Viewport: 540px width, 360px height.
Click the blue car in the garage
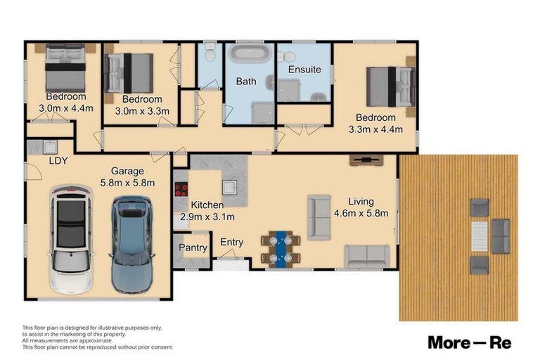[x=132, y=245]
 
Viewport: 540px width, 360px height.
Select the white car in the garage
[x=72, y=240]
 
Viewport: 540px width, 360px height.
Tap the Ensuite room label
[x=304, y=70]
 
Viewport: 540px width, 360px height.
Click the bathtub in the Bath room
[x=250, y=53]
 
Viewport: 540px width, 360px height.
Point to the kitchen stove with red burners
[x=181, y=189]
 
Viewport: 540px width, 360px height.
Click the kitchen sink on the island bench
[x=229, y=188]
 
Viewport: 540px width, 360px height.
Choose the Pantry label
[x=193, y=247]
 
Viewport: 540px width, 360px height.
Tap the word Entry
[x=231, y=243]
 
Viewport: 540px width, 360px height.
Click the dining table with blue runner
[x=281, y=250]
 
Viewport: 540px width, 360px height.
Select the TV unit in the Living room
[x=366, y=160]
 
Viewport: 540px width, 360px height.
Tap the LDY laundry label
[x=58, y=161]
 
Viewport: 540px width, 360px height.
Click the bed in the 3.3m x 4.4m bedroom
[x=391, y=86]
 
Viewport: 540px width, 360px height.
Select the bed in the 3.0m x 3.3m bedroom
[x=129, y=73]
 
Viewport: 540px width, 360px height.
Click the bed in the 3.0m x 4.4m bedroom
[x=65, y=67]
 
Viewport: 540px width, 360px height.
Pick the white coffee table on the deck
[x=479, y=236]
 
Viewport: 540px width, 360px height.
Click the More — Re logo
[x=470, y=343]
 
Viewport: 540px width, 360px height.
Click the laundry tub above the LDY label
[x=51, y=147]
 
